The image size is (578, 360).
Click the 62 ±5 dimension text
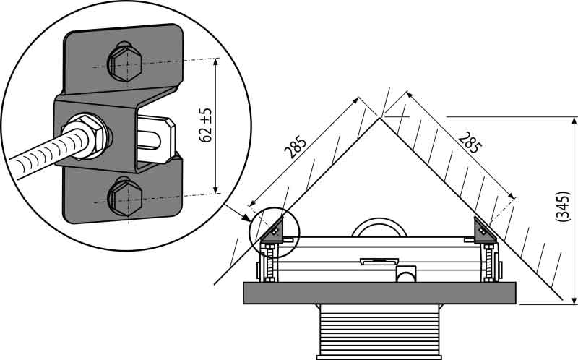pyautogui.click(x=206, y=125)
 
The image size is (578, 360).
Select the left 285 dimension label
pyautogui.click(x=296, y=147)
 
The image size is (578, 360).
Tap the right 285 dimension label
pyautogui.click(x=470, y=142)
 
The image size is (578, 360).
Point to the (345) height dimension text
pyautogui.click(x=564, y=207)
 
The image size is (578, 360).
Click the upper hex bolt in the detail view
pyautogui.click(x=125, y=63)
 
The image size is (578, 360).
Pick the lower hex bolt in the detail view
pyautogui.click(x=125, y=197)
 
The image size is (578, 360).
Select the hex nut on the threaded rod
pyautogui.click(x=91, y=137)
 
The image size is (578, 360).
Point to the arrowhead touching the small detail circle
pyautogui.click(x=246, y=218)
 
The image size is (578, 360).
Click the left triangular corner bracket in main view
pyautogui.click(x=274, y=231)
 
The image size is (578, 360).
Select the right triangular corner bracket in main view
pyautogui.click(x=484, y=231)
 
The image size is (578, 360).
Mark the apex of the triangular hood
pyautogui.click(x=379, y=118)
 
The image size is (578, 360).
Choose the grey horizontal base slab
pyautogui.click(x=379, y=293)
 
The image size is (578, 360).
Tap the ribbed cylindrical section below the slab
pyautogui.click(x=379, y=330)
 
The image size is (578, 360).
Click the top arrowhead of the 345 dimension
pyautogui.click(x=574, y=121)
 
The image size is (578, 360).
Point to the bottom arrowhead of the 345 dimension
pyautogui.click(x=574, y=300)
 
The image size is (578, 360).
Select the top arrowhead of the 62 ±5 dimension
pyautogui.click(x=215, y=63)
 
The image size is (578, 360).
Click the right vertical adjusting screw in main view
pyautogui.click(x=490, y=263)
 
